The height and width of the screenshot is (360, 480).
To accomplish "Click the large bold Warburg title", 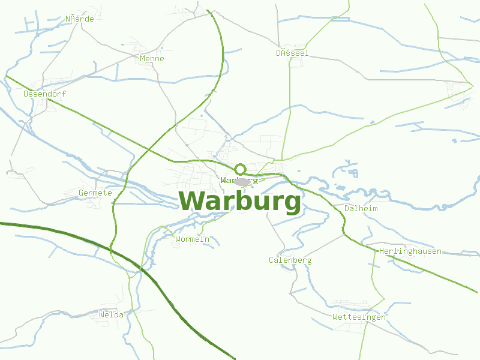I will point(240,202).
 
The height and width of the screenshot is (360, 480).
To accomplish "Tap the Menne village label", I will point(151,59).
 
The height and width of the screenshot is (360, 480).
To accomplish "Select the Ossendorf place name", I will point(44,94).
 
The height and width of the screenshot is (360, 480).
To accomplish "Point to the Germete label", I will point(95,193).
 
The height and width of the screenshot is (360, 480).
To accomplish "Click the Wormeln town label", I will point(192,239).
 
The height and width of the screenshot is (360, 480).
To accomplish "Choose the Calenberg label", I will point(290,260).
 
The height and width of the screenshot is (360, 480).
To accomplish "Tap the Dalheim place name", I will point(361,208).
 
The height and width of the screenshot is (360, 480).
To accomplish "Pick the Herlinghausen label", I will point(410,251).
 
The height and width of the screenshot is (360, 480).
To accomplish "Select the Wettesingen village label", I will point(359,317).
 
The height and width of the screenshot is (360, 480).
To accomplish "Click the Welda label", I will point(111,314).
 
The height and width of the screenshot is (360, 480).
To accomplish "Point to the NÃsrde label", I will point(80,19).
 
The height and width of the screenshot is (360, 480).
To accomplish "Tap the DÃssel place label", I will point(292,53).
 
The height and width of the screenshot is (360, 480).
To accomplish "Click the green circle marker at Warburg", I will point(240,169).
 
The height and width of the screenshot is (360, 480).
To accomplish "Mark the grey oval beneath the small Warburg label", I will point(242,182).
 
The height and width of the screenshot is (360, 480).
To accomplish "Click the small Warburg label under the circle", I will point(239,179).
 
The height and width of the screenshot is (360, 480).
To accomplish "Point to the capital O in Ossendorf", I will point(26,94).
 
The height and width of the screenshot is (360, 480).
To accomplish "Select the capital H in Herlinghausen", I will point(382,251).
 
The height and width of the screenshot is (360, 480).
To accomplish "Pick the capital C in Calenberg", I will point(271,260).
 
